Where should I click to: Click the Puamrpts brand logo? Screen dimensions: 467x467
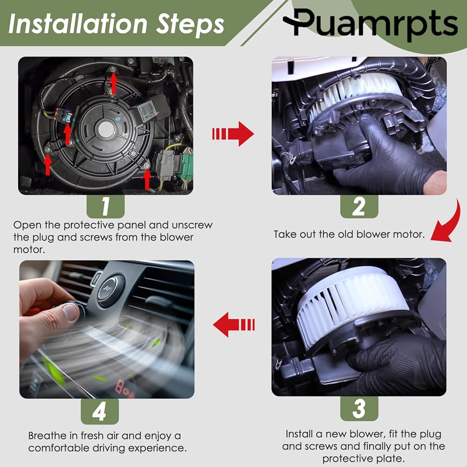click(370, 24)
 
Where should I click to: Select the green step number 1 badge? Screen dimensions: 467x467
click(106, 206)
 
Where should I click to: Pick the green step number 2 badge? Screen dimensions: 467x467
click(359, 206)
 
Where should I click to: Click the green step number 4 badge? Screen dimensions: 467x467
click(99, 411)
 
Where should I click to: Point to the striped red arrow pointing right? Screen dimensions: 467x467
click(233, 134)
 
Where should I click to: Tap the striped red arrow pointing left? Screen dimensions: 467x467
click(234, 325)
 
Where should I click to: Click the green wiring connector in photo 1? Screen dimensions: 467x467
click(187, 167)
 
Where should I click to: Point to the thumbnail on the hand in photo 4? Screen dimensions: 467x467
click(71, 312)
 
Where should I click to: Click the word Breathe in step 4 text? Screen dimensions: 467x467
click(47, 436)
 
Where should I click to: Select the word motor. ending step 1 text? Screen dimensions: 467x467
click(29, 249)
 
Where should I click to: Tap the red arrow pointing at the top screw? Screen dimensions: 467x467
click(113, 82)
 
